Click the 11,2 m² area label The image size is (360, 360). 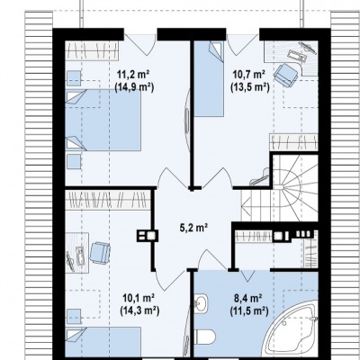134,74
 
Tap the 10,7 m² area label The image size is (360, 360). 249,74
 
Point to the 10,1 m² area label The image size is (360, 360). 139,298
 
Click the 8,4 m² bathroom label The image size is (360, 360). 248,298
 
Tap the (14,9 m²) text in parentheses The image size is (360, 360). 134,87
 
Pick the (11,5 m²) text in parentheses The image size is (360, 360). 248,311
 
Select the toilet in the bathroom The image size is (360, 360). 205,337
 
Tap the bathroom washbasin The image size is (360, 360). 200,302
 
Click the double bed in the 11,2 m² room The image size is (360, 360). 103,120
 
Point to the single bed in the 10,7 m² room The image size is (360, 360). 209,78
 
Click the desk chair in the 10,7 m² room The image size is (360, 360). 287,75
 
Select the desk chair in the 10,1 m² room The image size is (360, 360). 100,253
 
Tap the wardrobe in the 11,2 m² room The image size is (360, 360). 92,49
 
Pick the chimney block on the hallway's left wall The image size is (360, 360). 148,236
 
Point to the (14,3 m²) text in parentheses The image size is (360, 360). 139,311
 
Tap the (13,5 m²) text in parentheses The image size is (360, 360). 249,87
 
